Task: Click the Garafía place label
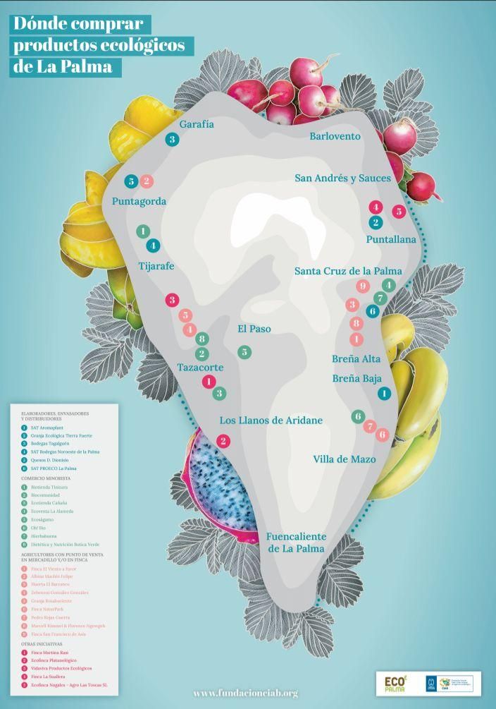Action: [x=197, y=124]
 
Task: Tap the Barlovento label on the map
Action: [x=335, y=136]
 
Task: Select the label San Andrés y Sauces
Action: [x=342, y=178]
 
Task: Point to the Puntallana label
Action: [x=391, y=239]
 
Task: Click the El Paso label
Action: [x=254, y=329]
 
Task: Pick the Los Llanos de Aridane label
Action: [x=271, y=420]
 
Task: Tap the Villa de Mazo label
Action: [x=344, y=459]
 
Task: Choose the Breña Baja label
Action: [x=356, y=378]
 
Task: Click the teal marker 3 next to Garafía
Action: [x=172, y=140]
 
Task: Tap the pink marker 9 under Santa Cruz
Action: [x=363, y=286]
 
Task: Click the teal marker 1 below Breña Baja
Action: [x=384, y=394]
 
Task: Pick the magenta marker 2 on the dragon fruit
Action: [x=223, y=442]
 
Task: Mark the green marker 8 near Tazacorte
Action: [x=201, y=339]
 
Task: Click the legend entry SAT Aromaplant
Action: [x=48, y=428]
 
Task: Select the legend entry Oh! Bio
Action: [x=39, y=527]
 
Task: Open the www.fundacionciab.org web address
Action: [x=245, y=693]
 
